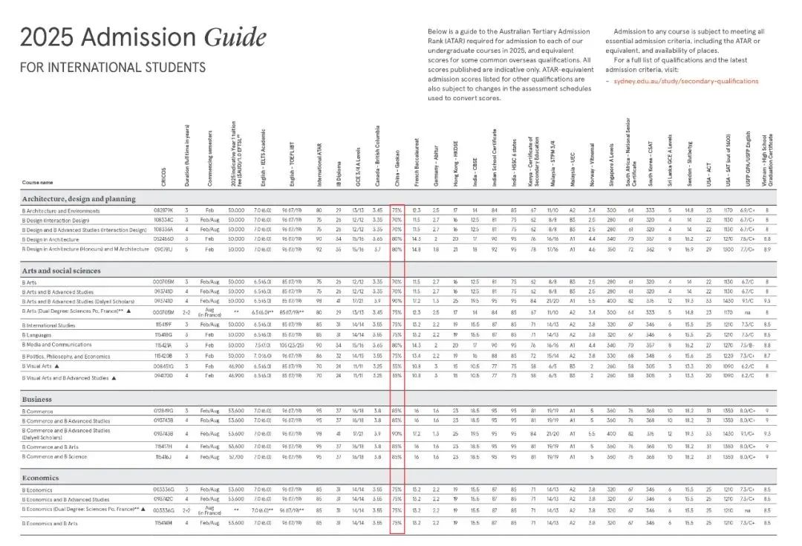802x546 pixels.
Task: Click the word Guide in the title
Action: [235, 37]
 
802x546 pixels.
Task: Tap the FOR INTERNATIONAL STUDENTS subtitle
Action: [113, 68]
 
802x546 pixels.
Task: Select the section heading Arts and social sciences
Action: [61, 271]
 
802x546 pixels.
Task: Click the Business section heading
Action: [36, 399]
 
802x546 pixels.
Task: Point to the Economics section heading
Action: [40, 478]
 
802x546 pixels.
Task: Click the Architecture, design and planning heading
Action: [79, 198]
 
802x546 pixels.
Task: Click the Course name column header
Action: [37, 182]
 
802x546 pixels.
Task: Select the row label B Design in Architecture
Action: [51, 239]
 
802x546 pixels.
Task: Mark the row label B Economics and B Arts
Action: [53, 523]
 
